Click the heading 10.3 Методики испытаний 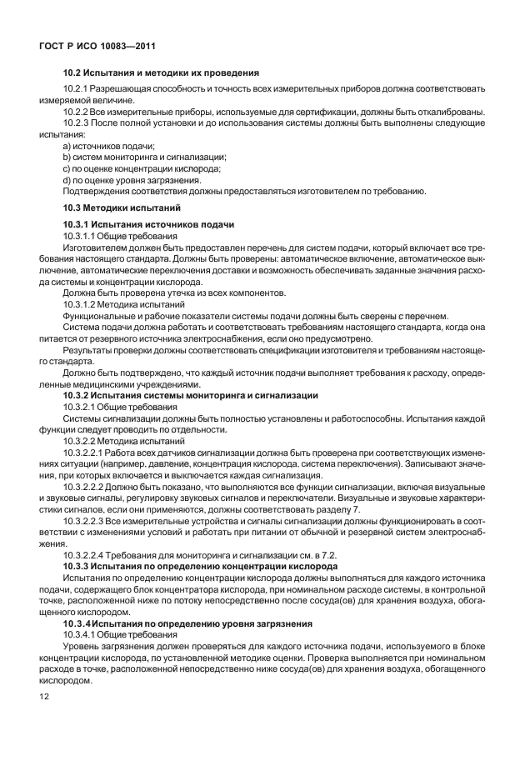click(122, 206)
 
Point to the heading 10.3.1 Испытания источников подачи click(149, 225)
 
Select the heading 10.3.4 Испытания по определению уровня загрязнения click(187, 623)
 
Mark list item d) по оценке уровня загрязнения click(132, 179)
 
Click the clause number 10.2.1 click(76, 88)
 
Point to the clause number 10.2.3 click(76, 123)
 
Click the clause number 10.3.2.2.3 click(82, 520)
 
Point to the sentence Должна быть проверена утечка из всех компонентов click(175, 293)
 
